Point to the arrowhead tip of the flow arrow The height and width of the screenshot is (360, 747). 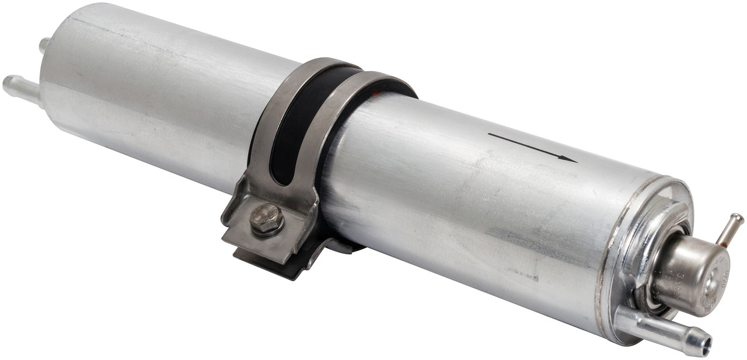pyautogui.click(x=577, y=160)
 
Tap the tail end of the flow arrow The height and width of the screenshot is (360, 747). pyautogui.click(x=489, y=135)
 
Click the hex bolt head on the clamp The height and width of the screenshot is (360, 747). pyautogui.click(x=267, y=218)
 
